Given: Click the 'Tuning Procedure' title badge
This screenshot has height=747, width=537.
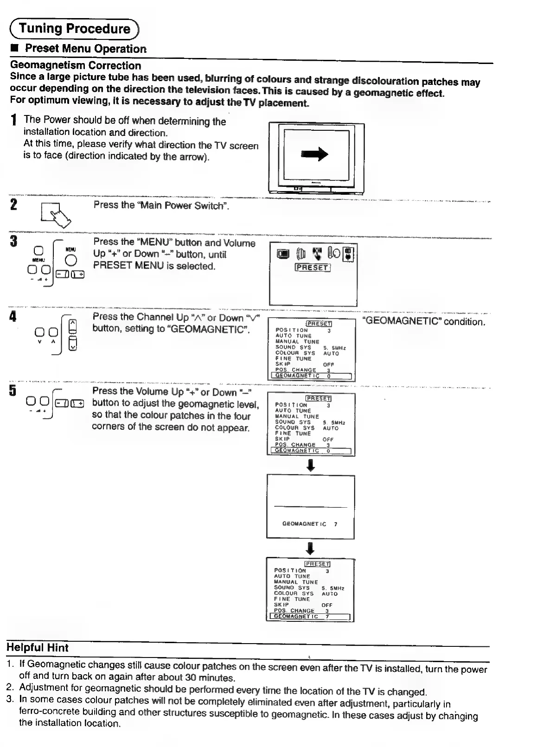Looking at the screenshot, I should [x=74, y=29].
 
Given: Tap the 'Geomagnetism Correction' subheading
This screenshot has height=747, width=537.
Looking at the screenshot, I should [x=76, y=65].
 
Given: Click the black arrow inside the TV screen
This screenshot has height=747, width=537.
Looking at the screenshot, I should [x=315, y=155].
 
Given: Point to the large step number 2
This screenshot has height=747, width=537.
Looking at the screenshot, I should [x=13, y=204].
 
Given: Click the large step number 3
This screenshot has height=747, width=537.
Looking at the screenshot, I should [x=13, y=242].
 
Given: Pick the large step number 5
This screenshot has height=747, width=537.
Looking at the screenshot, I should [x=13, y=391].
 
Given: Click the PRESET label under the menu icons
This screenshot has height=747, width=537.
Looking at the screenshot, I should [x=313, y=268].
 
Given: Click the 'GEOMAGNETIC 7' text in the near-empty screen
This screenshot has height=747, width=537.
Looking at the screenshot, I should [x=310, y=524].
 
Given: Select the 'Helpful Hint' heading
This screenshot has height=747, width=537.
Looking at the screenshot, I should [x=38, y=648].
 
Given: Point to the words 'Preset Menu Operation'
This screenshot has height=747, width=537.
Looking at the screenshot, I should [x=85, y=48].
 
